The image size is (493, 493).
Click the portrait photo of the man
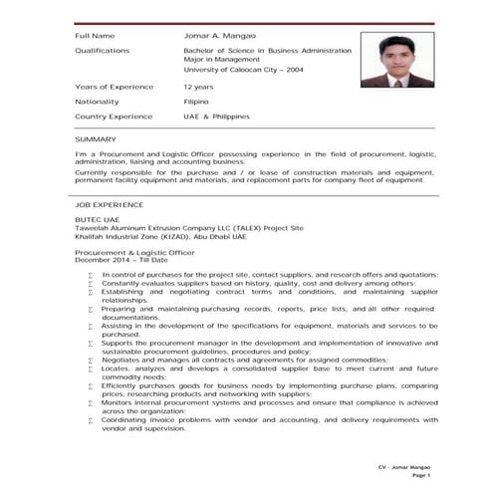click(397, 60)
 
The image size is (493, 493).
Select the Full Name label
click(95, 36)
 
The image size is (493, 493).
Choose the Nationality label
click(97, 102)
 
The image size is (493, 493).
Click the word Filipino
click(196, 102)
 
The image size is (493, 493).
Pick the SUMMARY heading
click(95, 139)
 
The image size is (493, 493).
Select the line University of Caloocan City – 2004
click(244, 70)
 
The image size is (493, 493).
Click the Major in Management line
click(222, 60)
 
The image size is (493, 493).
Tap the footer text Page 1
click(420, 476)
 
